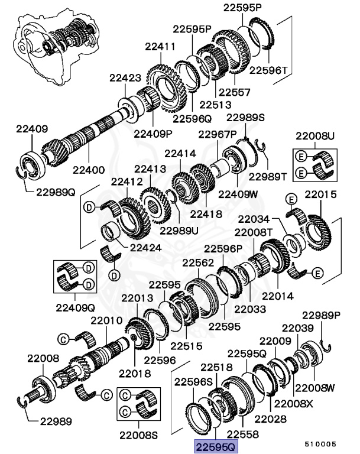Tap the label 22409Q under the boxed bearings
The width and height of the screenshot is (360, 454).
76,307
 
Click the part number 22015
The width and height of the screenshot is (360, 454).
320,194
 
